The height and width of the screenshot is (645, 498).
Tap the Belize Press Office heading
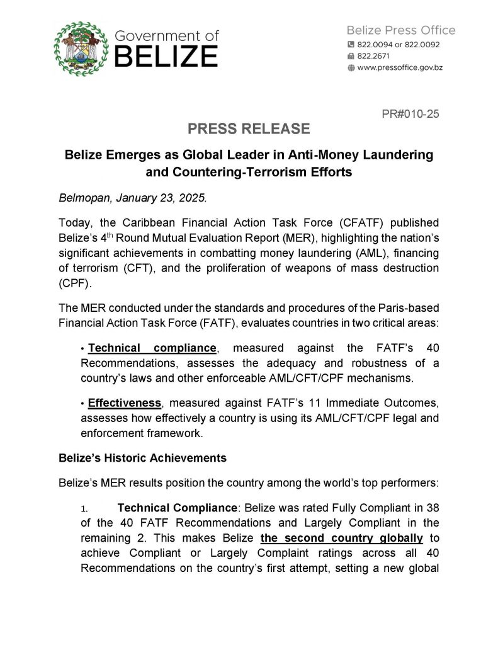401,30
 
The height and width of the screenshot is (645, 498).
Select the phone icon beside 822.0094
351,45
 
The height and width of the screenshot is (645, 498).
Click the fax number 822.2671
373,56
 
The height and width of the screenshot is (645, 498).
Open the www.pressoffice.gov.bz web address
400,67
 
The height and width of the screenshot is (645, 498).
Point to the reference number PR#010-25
410,114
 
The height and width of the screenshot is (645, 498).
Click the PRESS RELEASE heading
249,129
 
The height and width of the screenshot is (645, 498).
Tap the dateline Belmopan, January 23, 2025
133,197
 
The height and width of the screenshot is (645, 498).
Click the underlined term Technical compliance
153,348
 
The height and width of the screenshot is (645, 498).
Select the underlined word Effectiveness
124,401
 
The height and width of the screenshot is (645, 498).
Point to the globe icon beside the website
351,67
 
